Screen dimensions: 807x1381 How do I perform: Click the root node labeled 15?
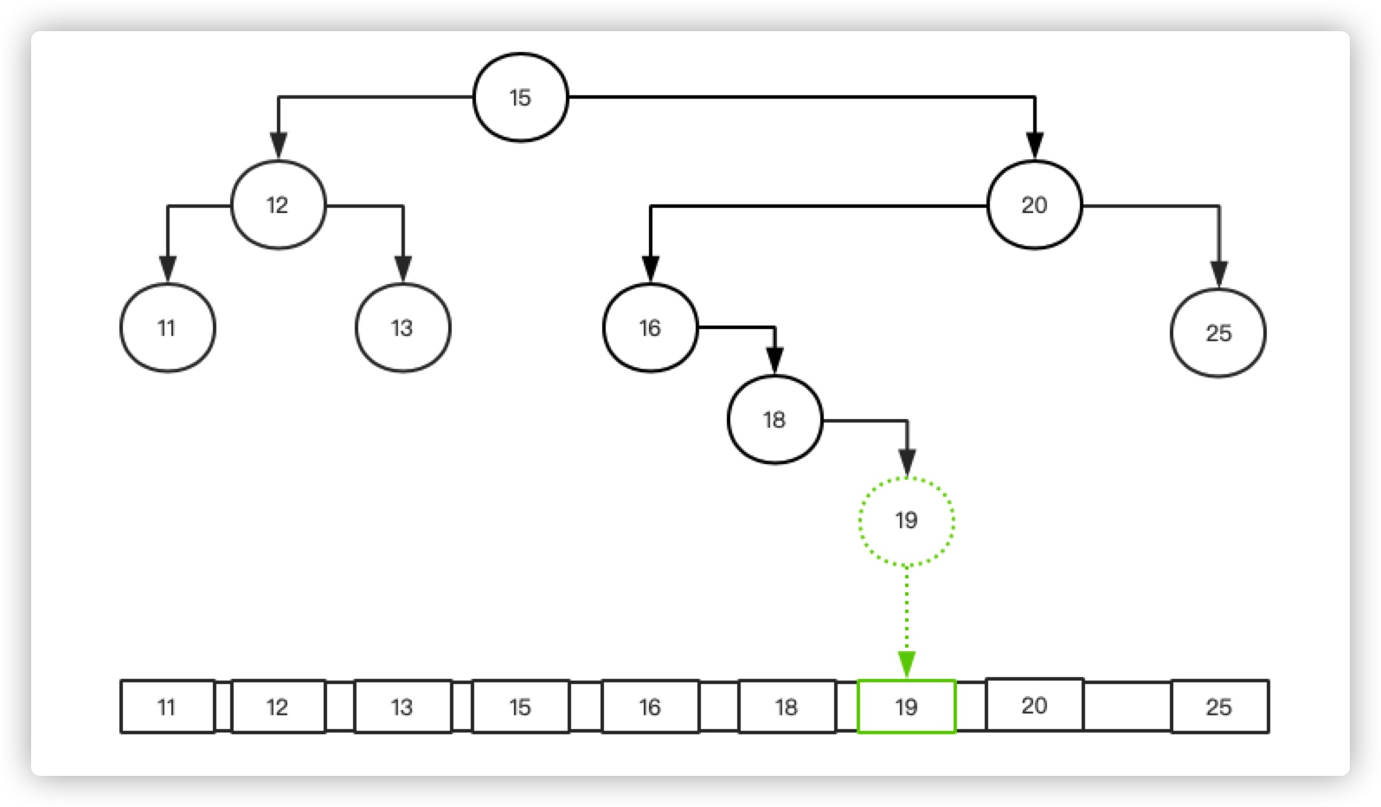point(520,97)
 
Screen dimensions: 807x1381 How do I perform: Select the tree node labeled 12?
point(278,205)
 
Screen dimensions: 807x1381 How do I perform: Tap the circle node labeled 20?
point(1034,205)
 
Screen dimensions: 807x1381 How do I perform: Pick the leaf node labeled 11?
point(167,328)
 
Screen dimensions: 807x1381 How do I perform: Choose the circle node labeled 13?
point(402,328)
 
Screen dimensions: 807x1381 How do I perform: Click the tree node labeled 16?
point(650,328)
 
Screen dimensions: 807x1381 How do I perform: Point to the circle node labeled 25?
point(1217,333)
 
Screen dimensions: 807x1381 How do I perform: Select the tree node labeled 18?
point(774,420)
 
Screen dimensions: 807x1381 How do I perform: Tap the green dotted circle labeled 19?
point(906,520)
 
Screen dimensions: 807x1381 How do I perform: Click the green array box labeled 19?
point(906,707)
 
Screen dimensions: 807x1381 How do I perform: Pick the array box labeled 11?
point(167,707)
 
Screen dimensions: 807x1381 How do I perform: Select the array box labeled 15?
point(520,707)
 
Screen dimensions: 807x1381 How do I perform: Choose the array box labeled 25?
point(1219,707)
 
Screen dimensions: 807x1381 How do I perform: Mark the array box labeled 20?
point(1034,705)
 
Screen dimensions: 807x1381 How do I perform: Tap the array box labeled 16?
point(650,707)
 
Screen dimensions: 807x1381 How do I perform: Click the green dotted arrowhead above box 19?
point(906,665)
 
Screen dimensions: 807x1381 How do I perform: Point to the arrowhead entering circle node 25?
point(1219,274)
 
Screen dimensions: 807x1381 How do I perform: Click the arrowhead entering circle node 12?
point(278,145)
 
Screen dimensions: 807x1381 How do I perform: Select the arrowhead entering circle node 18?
point(774,360)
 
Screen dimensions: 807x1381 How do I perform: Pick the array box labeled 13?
point(402,707)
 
